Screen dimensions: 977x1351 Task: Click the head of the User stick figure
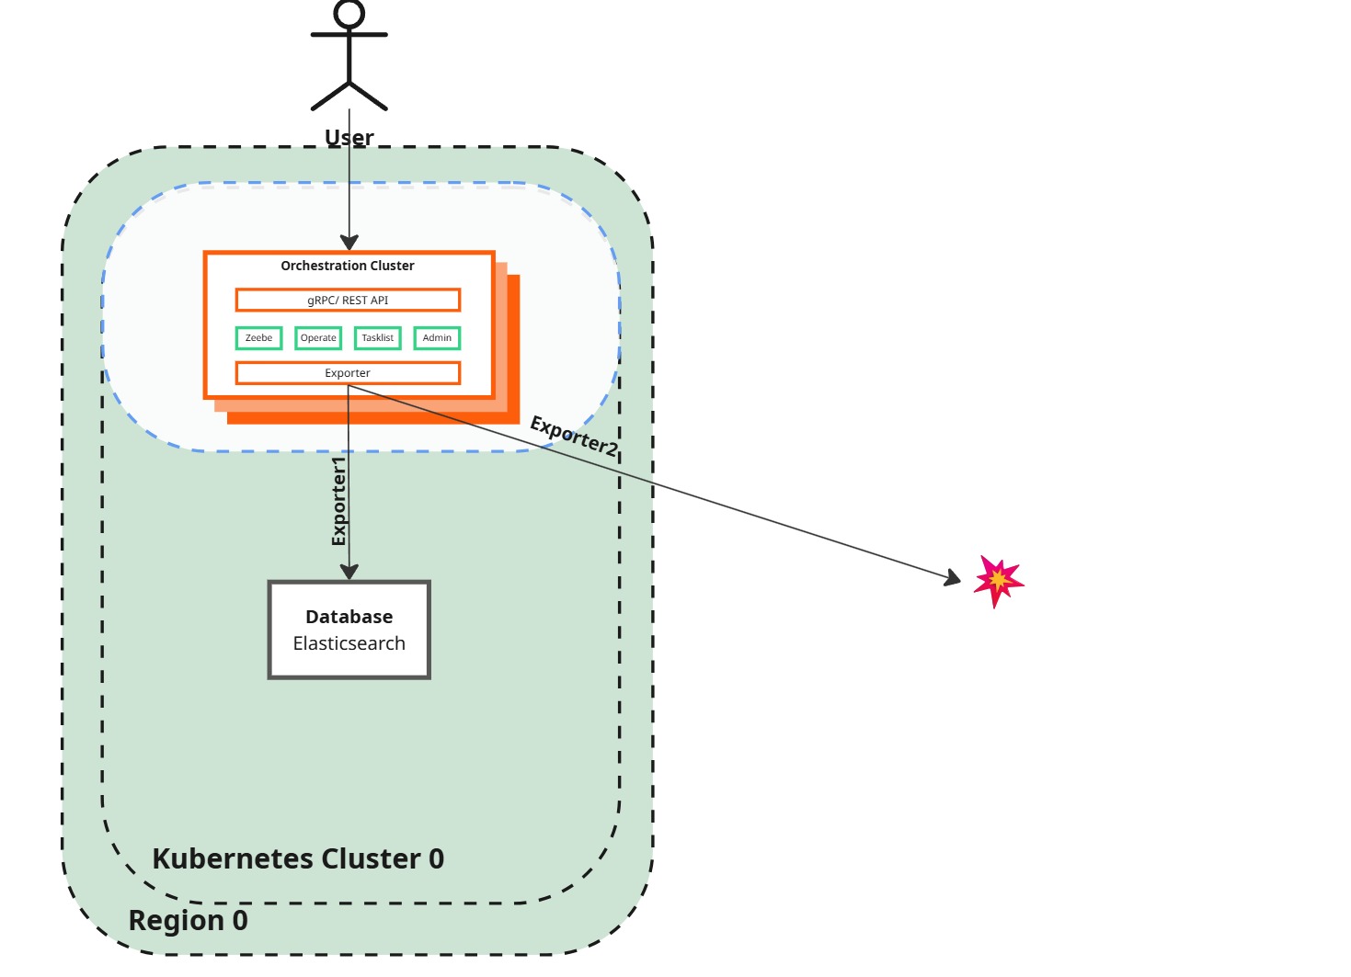[349, 14]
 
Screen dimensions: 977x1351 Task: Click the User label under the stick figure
[349, 138]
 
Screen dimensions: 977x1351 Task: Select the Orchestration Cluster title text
[348, 266]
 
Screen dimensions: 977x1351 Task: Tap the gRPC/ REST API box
[348, 301]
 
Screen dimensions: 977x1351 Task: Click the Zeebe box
[258, 338]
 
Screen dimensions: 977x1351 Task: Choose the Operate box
[318, 338]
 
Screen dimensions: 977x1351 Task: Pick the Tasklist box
[377, 338]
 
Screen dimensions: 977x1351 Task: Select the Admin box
[437, 338]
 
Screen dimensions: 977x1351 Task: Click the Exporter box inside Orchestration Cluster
[348, 373]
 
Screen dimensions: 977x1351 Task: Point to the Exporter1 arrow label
[339, 501]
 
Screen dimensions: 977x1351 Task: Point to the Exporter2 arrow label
[574, 436]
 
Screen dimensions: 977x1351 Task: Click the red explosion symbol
[998, 581]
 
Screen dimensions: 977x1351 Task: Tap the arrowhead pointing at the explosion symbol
[953, 578]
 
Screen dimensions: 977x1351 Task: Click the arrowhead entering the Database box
[349, 572]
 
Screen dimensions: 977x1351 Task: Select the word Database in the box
[349, 617]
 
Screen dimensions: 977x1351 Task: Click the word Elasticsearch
[349, 643]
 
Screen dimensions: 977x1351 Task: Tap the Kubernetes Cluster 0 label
[298, 858]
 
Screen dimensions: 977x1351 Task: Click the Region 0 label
[188, 920]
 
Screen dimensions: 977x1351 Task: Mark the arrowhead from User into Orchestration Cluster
[349, 243]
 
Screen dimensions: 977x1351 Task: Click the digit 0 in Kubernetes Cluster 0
[436, 858]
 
